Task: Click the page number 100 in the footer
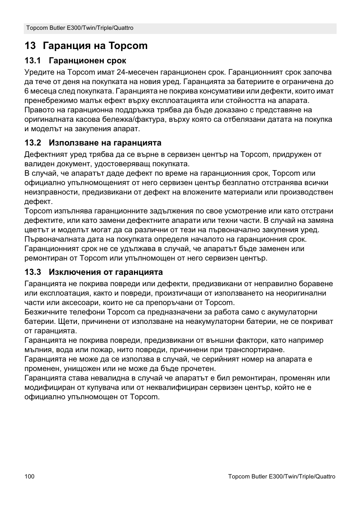[29, 477]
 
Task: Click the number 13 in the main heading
[30, 46]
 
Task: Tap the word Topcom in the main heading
[128, 46]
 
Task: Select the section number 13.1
[32, 61]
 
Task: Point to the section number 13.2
[32, 143]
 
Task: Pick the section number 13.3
[32, 272]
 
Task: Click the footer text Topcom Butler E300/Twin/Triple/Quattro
[282, 477]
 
